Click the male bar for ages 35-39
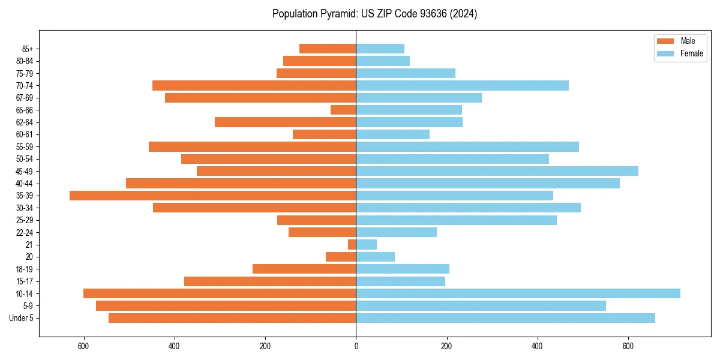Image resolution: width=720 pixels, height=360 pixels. click(x=213, y=196)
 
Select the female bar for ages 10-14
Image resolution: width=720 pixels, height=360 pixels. click(x=518, y=293)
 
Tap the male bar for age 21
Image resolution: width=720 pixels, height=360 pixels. click(x=352, y=245)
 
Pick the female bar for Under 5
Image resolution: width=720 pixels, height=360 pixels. click(x=505, y=318)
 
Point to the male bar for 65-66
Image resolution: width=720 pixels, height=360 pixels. click(x=343, y=110)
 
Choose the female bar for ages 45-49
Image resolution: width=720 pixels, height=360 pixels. click(x=497, y=171)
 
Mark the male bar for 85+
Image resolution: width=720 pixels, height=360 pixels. click(x=328, y=49)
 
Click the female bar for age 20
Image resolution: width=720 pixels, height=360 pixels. click(x=375, y=257)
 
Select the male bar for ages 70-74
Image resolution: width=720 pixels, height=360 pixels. click(x=254, y=85)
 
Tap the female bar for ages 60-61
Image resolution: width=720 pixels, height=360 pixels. click(x=392, y=134)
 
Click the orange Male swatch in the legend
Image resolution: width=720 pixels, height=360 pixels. click(x=665, y=41)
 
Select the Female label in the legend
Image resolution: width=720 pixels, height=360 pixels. click(x=692, y=53)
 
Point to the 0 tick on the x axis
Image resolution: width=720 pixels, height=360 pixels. click(x=356, y=346)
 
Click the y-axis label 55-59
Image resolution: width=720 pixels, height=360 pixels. click(x=25, y=147)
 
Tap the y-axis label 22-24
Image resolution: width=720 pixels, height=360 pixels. click(x=25, y=232)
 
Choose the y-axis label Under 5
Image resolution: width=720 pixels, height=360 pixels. click(x=22, y=318)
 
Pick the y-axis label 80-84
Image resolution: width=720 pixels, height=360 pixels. click(x=25, y=61)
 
